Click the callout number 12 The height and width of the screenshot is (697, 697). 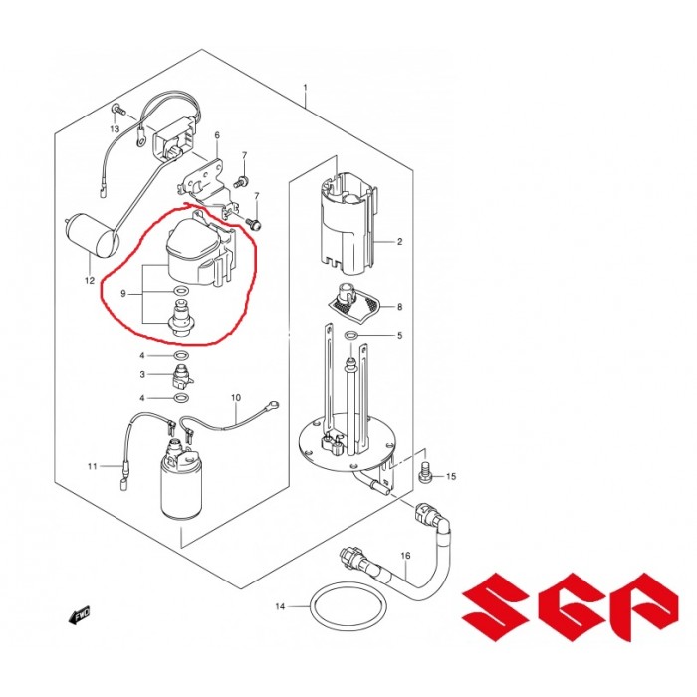coord(90,281)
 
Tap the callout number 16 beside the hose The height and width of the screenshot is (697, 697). coord(405,556)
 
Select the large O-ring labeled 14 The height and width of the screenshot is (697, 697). coord(348,606)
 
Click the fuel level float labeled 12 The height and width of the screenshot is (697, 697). coord(93,236)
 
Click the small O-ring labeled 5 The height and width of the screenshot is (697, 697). coord(350,335)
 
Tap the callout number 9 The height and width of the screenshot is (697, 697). coord(123,294)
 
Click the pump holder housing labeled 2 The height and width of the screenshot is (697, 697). coord(348,221)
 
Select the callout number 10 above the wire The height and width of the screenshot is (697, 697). coord(236,397)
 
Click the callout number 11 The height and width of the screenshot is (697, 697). coord(92,466)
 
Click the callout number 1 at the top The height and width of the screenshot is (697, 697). coord(305,88)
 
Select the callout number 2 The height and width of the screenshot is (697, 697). coord(399,241)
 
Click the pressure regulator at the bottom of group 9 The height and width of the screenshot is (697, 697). coord(180,319)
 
